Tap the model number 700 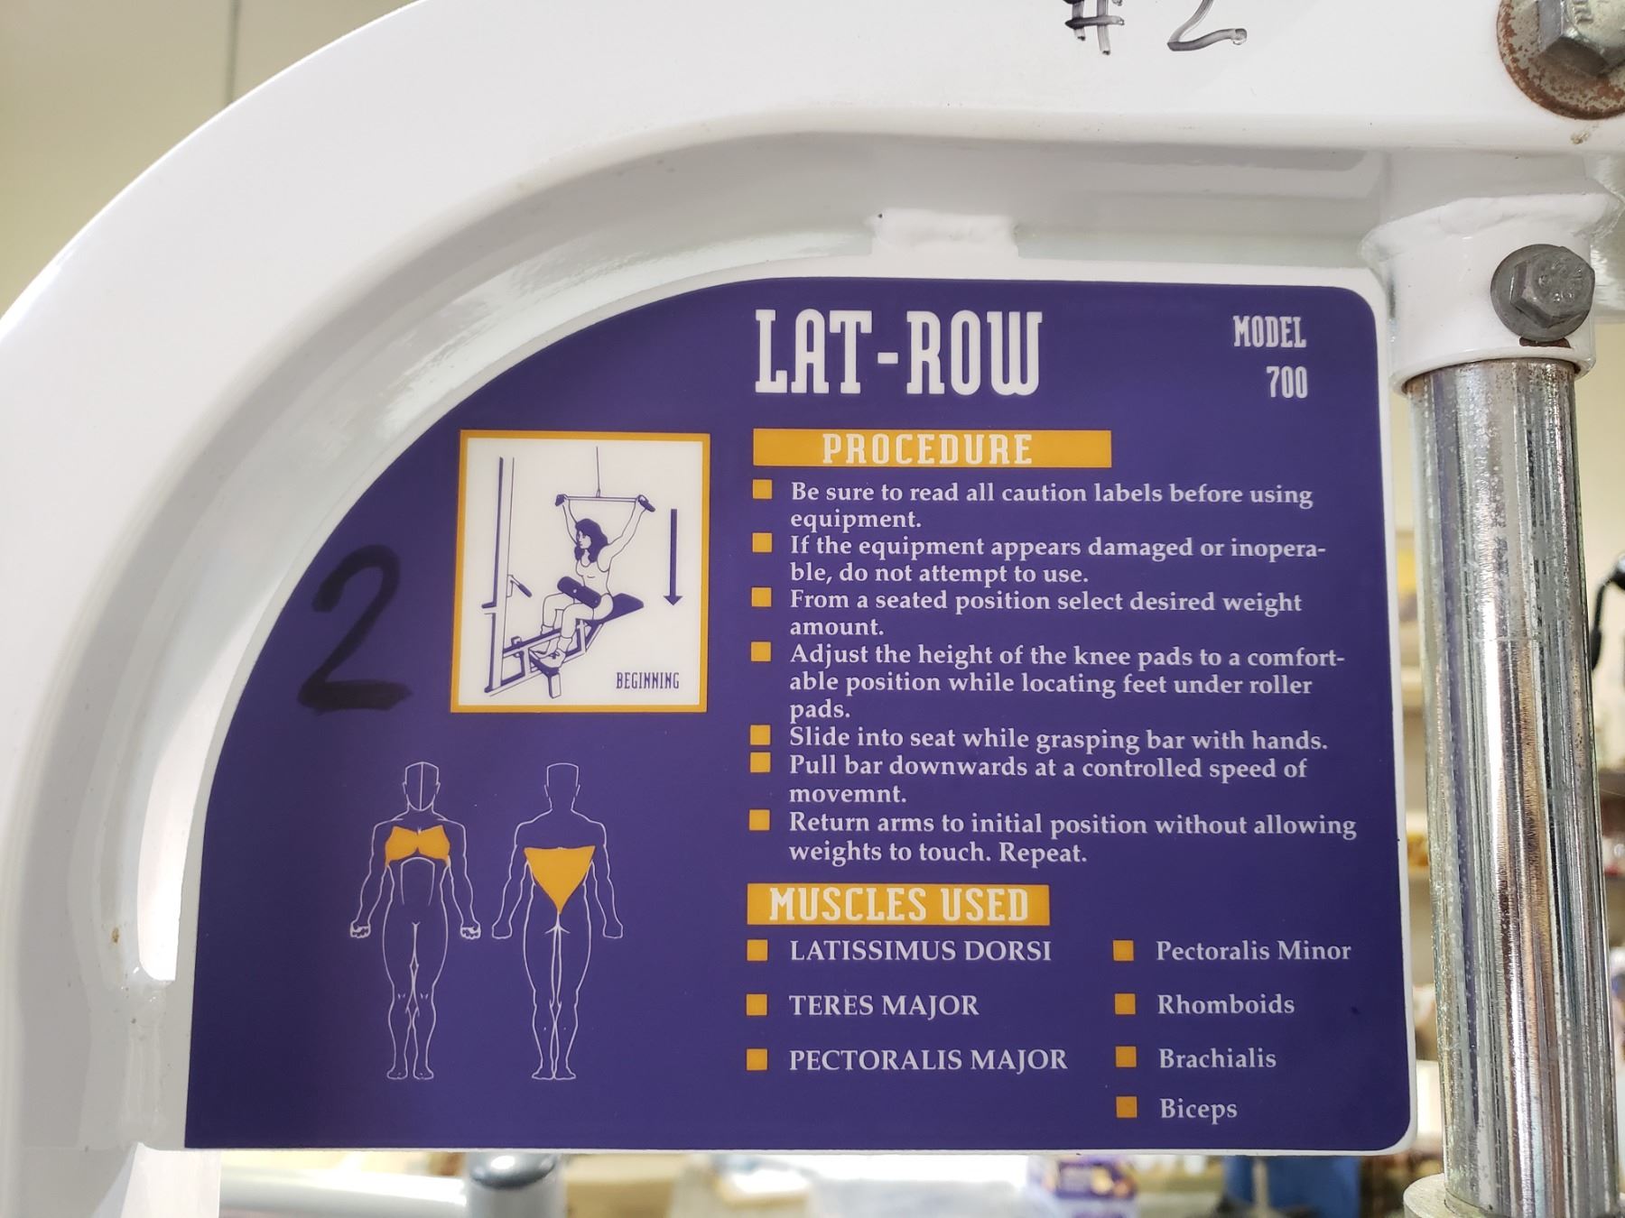point(1286,383)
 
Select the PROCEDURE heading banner point(931,448)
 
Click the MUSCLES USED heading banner point(898,905)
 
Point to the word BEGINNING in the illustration point(647,680)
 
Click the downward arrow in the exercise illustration point(672,556)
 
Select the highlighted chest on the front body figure point(418,845)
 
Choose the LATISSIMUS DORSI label point(920,951)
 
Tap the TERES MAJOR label point(884,1005)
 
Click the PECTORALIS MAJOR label point(928,1059)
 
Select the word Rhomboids point(1226,1004)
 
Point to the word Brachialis point(1217,1057)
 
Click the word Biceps point(1198,1109)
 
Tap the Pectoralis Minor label point(1253,950)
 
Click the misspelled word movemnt point(848,795)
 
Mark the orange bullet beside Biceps point(1126,1107)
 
